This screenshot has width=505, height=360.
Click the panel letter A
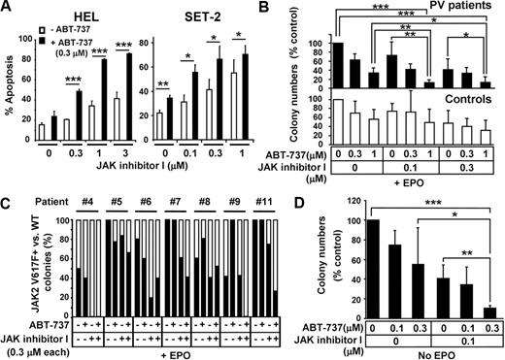click(8, 8)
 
